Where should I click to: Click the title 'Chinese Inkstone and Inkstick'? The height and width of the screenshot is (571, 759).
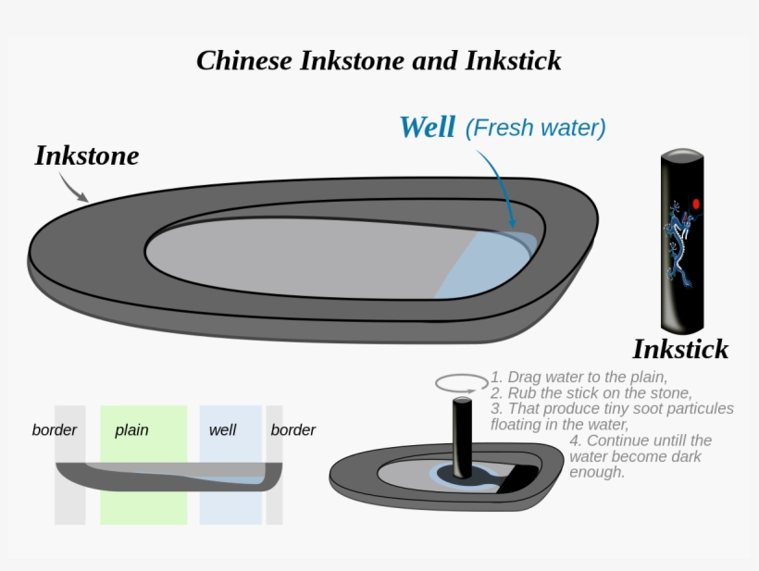pyautogui.click(x=379, y=61)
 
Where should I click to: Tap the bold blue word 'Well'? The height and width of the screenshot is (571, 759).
pyautogui.click(x=427, y=127)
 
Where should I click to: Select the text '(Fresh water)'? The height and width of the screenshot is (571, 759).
pyautogui.click(x=535, y=128)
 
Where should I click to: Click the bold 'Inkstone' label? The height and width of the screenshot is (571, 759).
pyautogui.click(x=86, y=155)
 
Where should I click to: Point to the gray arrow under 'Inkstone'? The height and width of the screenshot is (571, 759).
pyautogui.click(x=72, y=187)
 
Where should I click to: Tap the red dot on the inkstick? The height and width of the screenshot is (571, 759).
pyautogui.click(x=696, y=203)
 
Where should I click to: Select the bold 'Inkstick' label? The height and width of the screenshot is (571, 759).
pyautogui.click(x=680, y=349)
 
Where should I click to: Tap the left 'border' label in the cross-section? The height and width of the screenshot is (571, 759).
pyautogui.click(x=55, y=430)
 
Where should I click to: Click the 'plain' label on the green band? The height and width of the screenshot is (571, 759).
pyautogui.click(x=131, y=430)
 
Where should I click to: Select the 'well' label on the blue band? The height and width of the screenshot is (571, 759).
pyautogui.click(x=222, y=430)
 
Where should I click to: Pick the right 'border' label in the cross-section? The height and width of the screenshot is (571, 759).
pyautogui.click(x=292, y=430)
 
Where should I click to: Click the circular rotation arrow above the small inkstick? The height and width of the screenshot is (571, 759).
pyautogui.click(x=461, y=382)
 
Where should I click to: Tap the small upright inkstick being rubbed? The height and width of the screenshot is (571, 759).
pyautogui.click(x=460, y=430)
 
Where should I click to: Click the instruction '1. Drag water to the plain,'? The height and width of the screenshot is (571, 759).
pyautogui.click(x=579, y=377)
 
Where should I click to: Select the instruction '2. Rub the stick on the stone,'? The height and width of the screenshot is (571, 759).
pyautogui.click(x=591, y=392)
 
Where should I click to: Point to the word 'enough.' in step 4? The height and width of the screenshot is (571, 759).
pyautogui.click(x=597, y=472)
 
